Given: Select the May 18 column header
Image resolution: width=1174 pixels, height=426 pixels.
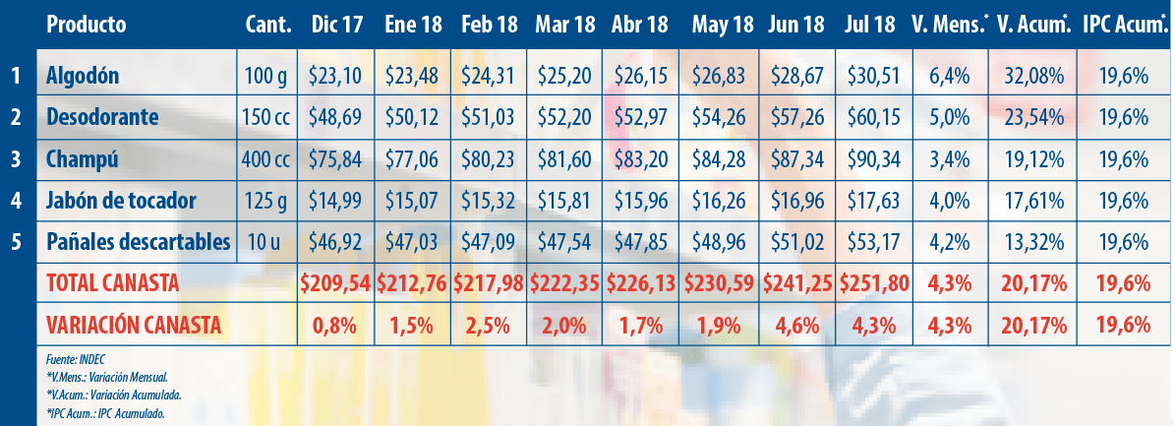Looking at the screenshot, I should point(722,24).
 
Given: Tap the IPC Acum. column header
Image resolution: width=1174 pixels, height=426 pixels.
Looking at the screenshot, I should point(1123,24).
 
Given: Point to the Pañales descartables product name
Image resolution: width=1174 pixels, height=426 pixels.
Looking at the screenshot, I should point(139,241).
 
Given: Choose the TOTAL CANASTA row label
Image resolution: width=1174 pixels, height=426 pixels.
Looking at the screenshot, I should point(112,283).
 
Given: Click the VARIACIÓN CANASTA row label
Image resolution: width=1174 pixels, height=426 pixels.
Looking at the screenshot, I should point(133,324).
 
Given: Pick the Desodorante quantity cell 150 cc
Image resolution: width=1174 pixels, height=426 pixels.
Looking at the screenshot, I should point(266,117).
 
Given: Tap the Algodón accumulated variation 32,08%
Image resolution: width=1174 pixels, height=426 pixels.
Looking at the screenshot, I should point(1031,75).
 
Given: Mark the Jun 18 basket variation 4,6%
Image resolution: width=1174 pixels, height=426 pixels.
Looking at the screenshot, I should point(797,324).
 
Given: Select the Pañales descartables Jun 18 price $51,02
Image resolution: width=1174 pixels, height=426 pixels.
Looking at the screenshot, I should point(797,242).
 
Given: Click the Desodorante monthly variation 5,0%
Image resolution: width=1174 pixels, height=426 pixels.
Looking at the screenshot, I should point(949,117).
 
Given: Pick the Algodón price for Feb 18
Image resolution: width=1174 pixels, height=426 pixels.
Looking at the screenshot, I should point(490,75).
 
